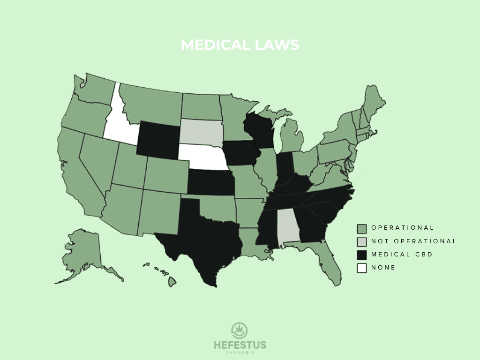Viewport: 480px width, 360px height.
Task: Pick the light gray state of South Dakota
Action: tap(201, 132)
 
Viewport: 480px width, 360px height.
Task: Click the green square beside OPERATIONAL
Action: tap(361, 228)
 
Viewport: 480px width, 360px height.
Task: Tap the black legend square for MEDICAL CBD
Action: tap(361, 255)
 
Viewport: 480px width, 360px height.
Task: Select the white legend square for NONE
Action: tap(361, 268)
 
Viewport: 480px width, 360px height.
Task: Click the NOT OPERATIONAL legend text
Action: tap(413, 241)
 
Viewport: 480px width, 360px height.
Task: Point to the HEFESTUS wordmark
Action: tap(240, 345)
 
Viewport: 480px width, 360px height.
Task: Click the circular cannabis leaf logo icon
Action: tap(240, 330)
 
